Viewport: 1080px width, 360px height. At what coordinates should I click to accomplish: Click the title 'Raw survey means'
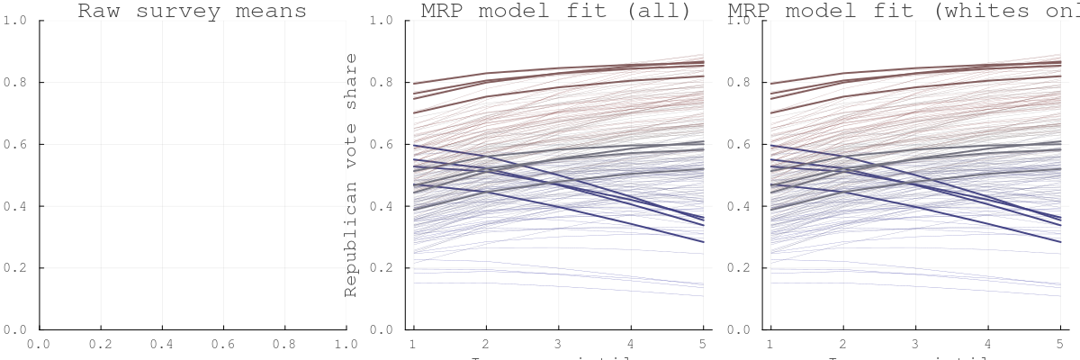192,11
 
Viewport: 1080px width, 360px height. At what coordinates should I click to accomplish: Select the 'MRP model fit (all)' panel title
556,11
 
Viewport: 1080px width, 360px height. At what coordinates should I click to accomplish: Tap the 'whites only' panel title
909,11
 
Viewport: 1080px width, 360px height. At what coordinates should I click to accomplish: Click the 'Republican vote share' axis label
351,175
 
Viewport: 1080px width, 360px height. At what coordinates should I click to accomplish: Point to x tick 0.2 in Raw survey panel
101,344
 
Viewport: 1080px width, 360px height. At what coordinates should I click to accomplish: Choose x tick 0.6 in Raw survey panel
223,344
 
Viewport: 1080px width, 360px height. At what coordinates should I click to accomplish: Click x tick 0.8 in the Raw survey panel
285,344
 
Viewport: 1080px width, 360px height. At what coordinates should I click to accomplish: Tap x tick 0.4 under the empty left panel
162,344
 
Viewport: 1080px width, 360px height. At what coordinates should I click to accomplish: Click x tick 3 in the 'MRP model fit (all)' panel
558,344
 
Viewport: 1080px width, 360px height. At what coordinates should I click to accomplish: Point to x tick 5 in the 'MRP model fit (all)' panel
702,344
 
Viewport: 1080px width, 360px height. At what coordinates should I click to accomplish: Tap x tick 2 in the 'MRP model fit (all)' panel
486,344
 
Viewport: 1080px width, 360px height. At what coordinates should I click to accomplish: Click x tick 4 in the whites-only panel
987,344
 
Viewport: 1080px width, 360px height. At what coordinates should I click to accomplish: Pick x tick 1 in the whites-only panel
770,344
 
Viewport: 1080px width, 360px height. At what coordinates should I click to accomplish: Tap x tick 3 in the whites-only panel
915,344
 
